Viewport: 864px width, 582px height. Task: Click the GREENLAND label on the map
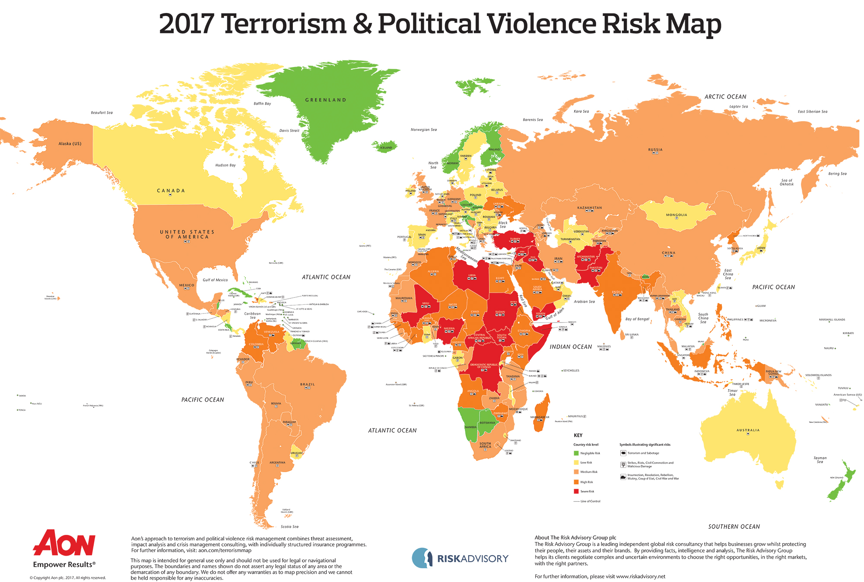(x=326, y=100)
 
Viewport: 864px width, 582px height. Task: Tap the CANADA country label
(x=171, y=191)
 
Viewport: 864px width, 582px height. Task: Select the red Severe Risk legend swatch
(x=576, y=492)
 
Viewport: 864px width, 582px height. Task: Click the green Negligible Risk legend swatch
(x=576, y=453)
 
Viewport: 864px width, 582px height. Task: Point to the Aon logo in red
(x=64, y=543)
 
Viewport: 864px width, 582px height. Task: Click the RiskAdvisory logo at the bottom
(x=460, y=558)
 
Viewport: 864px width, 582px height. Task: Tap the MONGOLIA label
(x=677, y=215)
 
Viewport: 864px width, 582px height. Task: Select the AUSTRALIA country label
(x=748, y=430)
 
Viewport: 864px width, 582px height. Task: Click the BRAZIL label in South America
(x=308, y=384)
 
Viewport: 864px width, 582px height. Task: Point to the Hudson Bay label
(x=226, y=165)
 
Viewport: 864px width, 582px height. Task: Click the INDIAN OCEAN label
(x=571, y=347)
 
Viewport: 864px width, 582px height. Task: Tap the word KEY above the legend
(x=578, y=435)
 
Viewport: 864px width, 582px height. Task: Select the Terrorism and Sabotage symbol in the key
(x=623, y=453)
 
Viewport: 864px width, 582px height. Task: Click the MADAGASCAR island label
(x=540, y=417)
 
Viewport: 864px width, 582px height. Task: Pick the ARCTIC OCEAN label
(x=725, y=97)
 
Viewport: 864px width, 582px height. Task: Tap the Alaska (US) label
(x=70, y=144)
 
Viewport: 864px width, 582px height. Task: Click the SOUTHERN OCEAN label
(x=734, y=527)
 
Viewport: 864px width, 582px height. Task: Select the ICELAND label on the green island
(x=386, y=147)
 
